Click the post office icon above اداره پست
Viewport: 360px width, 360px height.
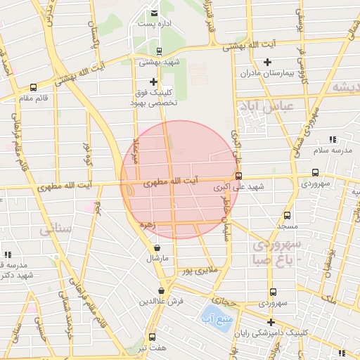click(154, 13)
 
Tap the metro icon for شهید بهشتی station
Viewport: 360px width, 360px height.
click(159, 51)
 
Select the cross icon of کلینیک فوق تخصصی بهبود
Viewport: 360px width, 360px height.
click(154, 82)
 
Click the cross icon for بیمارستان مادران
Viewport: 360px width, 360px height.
click(267, 63)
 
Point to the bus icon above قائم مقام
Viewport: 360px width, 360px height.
click(33, 88)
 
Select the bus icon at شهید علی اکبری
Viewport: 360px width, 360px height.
click(239, 176)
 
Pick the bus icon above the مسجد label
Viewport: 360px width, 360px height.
click(286, 216)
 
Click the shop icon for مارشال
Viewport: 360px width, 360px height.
click(156, 247)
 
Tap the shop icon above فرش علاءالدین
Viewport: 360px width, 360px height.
click(162, 290)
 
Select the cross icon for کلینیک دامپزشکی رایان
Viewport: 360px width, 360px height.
click(270, 321)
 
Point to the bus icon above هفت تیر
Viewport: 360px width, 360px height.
click(152, 337)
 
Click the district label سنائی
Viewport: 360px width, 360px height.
click(56, 229)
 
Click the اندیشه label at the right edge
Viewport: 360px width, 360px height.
click(345, 87)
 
